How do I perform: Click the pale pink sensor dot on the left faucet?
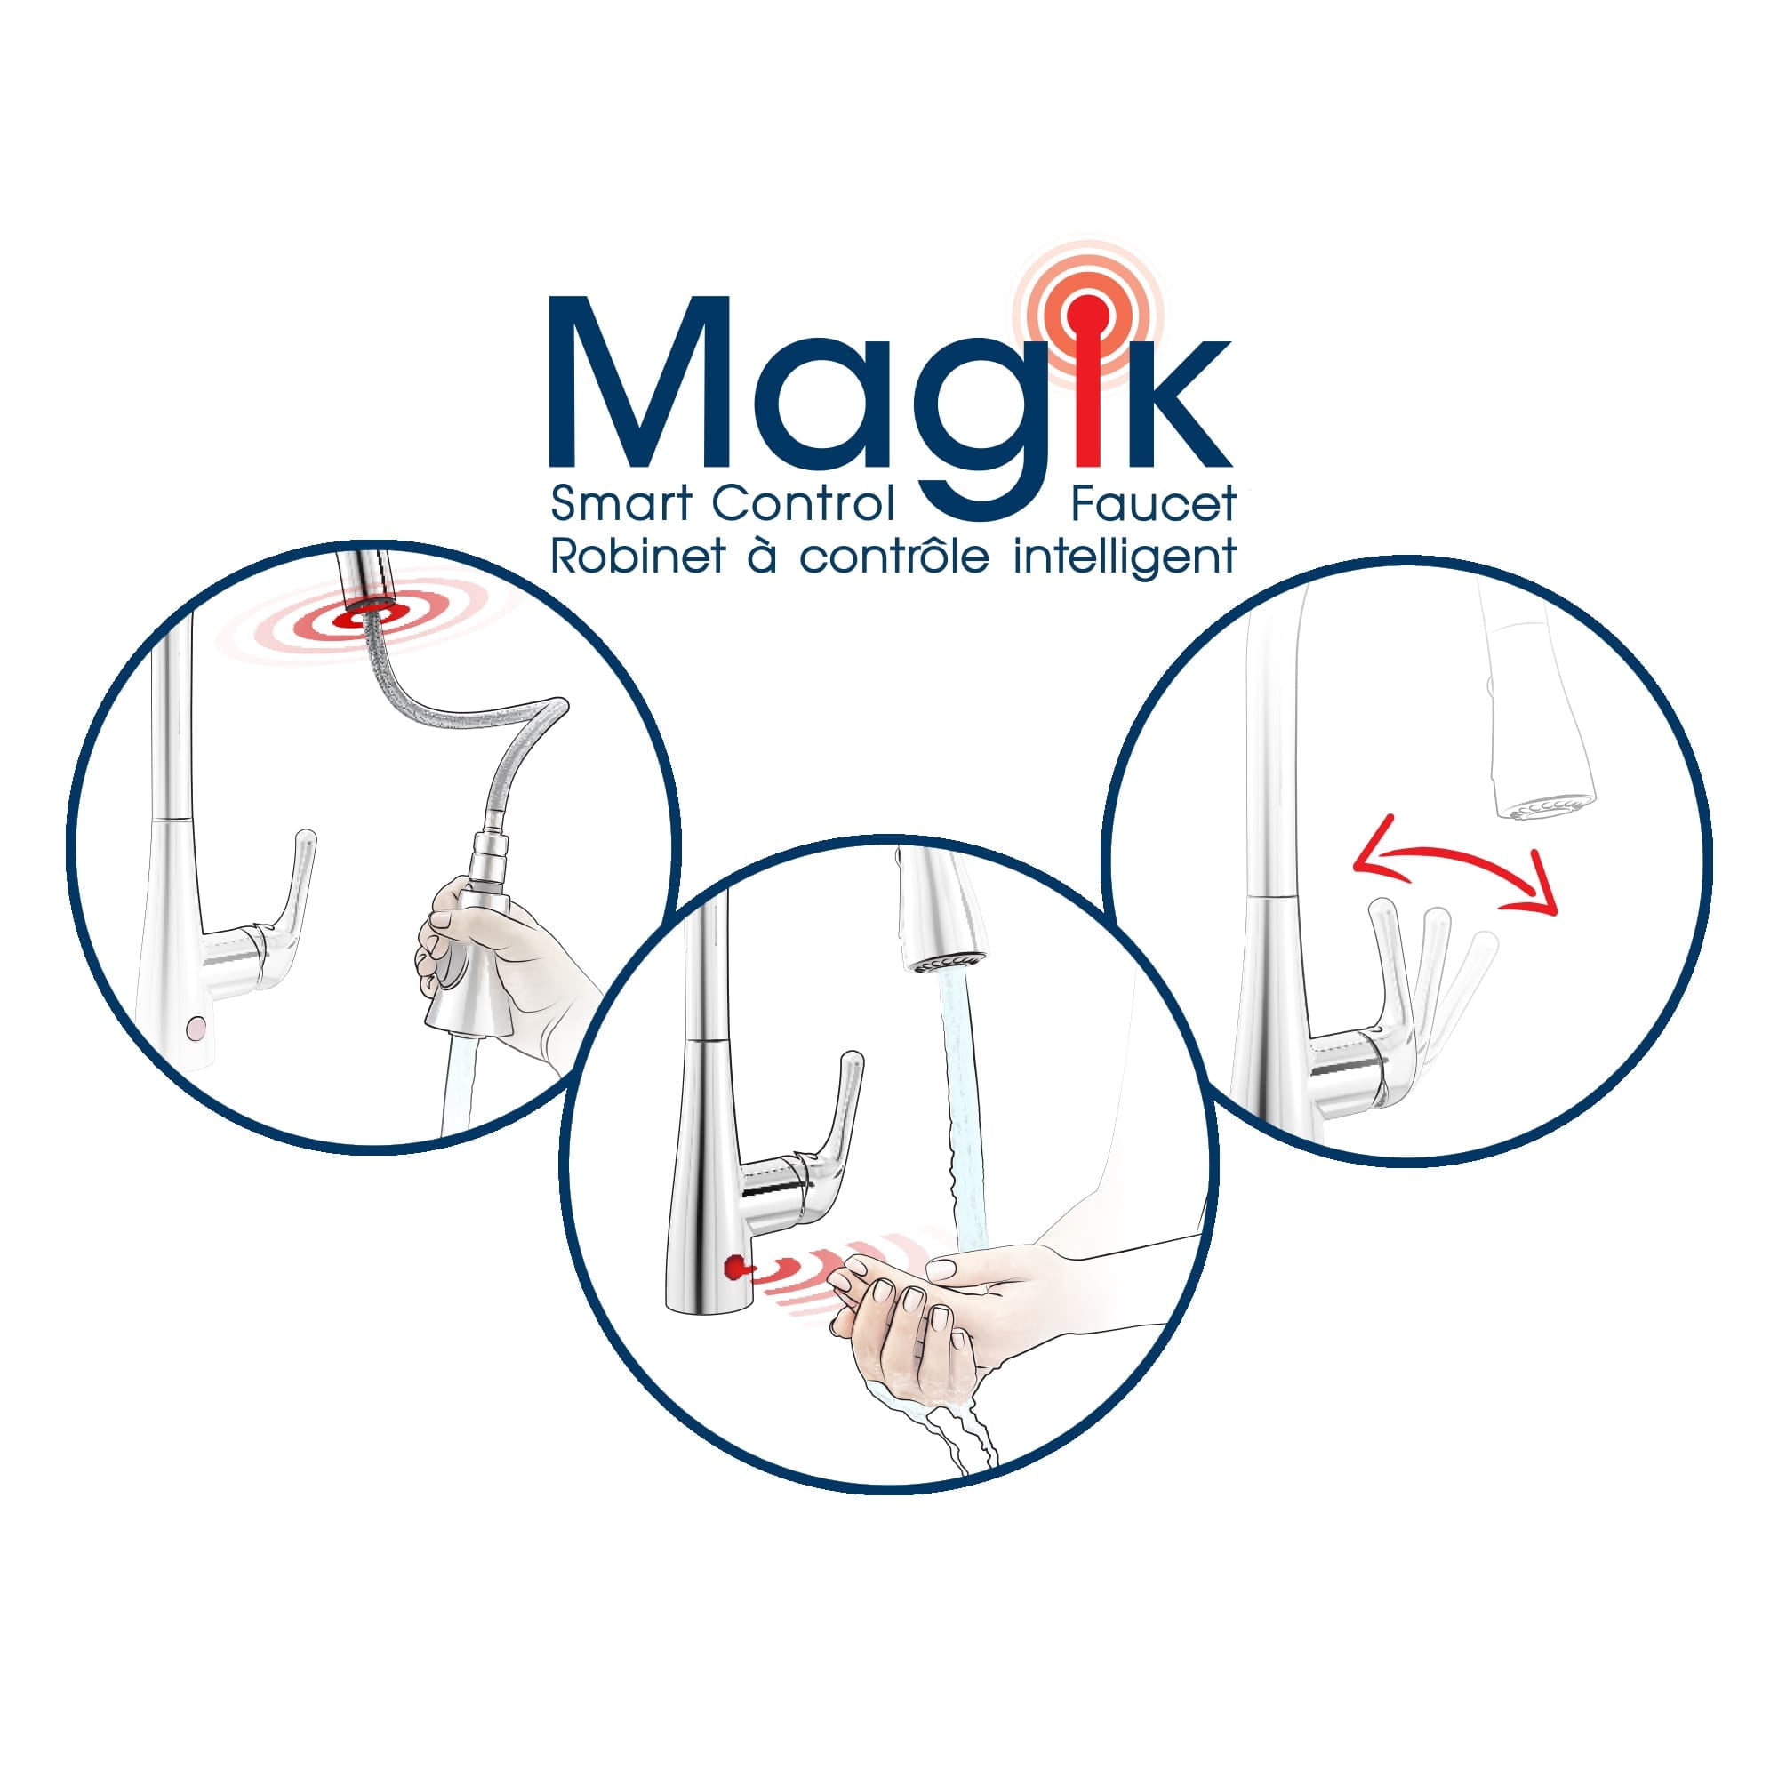(x=194, y=1026)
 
